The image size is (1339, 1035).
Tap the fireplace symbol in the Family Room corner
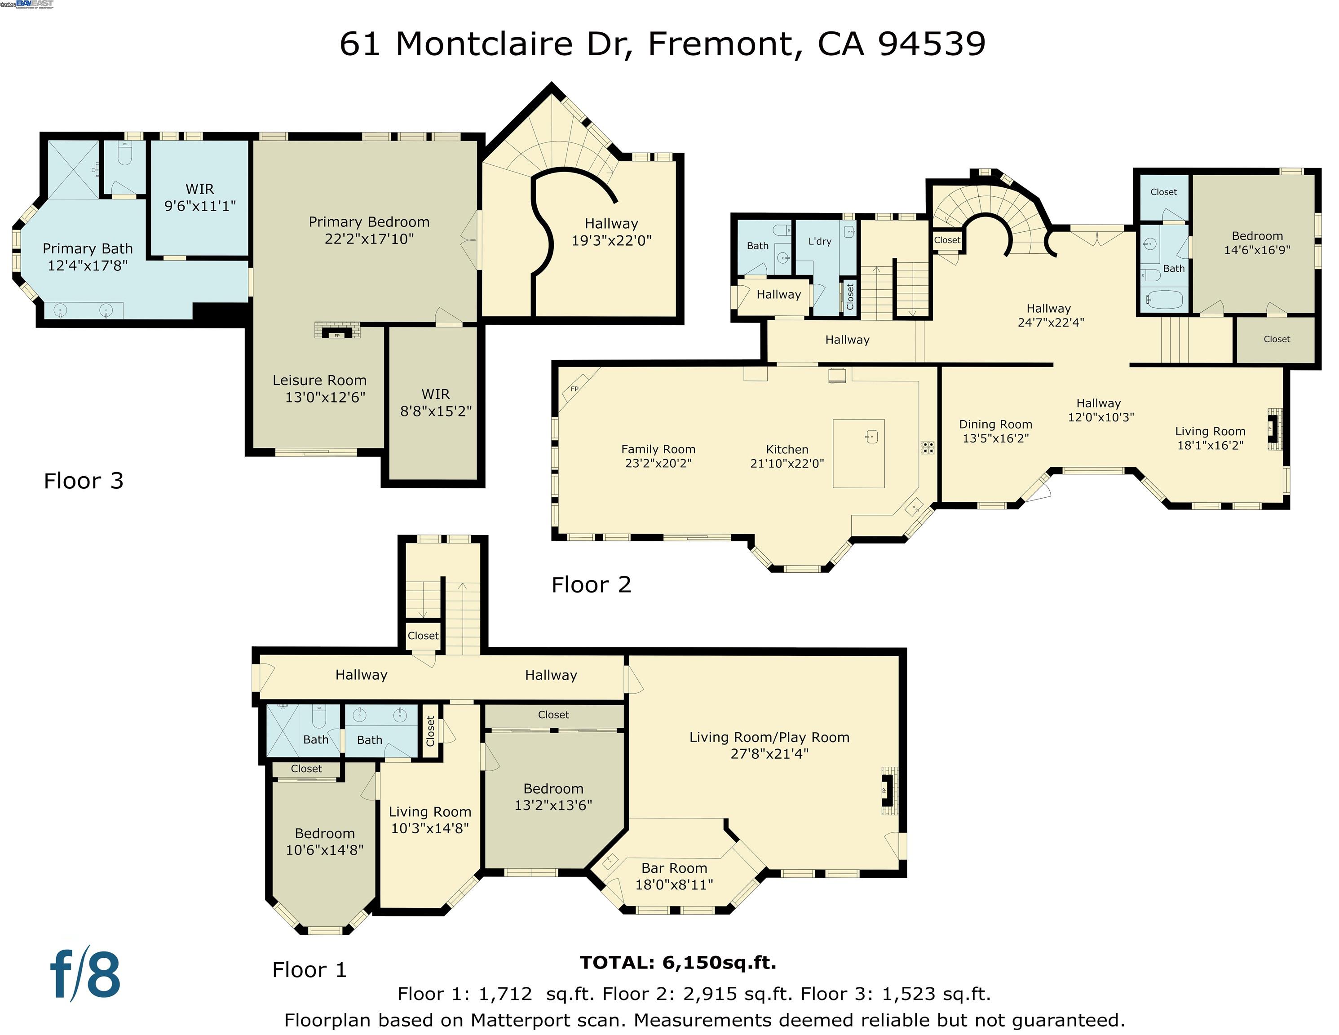574,389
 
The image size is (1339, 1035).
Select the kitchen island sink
872,437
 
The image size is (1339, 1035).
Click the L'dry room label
820,241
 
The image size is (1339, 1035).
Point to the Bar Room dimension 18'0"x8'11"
674,884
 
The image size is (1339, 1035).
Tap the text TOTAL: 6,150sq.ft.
678,963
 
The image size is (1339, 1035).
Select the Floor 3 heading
84,481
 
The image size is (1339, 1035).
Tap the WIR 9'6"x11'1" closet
200,197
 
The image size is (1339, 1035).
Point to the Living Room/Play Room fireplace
886,790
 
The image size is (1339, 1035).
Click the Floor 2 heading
591,585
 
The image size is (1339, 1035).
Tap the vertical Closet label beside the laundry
850,297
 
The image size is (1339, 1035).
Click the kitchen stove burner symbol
927,447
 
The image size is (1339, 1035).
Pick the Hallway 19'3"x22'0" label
611,232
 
